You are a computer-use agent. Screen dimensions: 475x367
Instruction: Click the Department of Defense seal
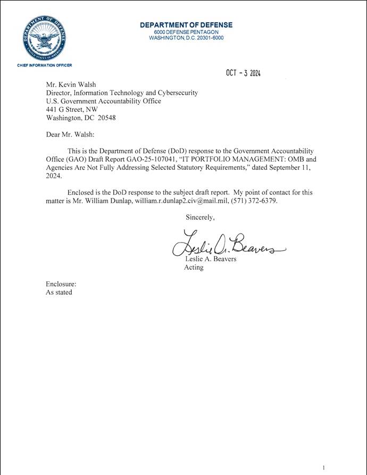click(44, 38)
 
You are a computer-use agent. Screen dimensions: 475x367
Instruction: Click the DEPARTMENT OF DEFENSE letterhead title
click(186, 25)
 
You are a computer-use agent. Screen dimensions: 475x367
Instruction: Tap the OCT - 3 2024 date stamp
click(243, 73)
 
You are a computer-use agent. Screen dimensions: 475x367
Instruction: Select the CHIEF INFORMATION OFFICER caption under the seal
click(44, 65)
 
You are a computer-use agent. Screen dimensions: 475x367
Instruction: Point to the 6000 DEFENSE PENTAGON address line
click(186, 32)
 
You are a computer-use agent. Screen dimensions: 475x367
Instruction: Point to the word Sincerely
click(200, 217)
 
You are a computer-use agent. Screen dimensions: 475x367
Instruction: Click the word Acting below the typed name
click(194, 268)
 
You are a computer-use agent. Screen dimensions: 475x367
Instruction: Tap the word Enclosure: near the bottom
click(61, 284)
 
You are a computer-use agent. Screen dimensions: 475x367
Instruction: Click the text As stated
click(59, 293)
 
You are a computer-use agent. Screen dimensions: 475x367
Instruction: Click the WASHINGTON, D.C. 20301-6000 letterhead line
click(186, 38)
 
